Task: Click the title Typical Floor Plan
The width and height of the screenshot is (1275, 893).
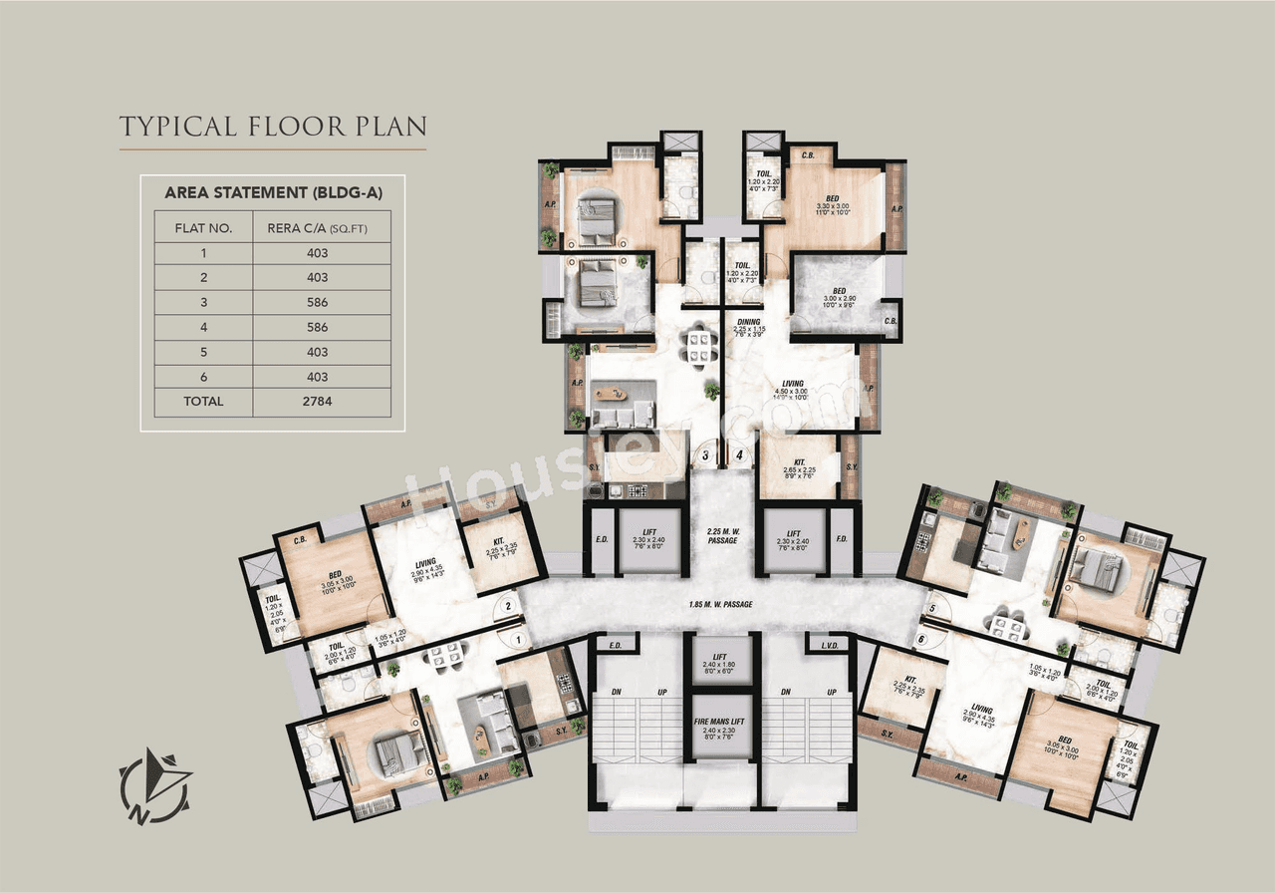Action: pos(273,127)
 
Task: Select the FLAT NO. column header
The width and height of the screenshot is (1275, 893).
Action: pos(203,227)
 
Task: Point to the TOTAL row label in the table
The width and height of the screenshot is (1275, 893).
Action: pos(203,402)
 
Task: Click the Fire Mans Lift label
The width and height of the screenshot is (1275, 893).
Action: pos(723,724)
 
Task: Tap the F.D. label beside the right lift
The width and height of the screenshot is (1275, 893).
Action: pos(842,541)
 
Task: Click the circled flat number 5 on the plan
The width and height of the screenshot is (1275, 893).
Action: pos(932,607)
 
